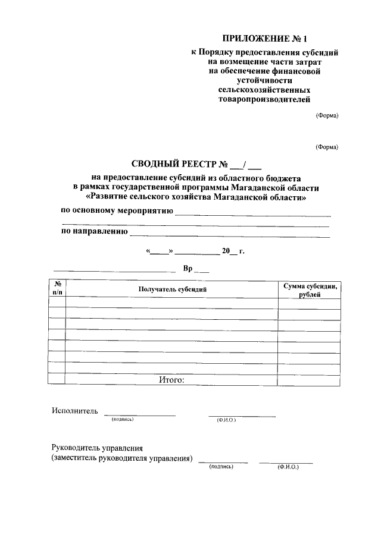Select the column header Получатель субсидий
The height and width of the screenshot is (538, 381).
[x=172, y=289]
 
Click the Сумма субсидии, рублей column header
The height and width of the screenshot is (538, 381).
[x=310, y=290]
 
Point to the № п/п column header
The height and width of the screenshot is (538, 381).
[x=57, y=289]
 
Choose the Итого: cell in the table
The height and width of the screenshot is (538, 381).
[x=172, y=379]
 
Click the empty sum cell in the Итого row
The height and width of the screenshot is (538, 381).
[x=310, y=379]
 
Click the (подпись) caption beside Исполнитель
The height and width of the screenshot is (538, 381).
[x=123, y=420]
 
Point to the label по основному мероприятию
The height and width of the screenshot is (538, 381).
[x=117, y=211]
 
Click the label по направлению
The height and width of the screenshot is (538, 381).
[x=95, y=232]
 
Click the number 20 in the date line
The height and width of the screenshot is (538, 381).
[x=226, y=251]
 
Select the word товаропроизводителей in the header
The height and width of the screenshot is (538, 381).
[x=265, y=99]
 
